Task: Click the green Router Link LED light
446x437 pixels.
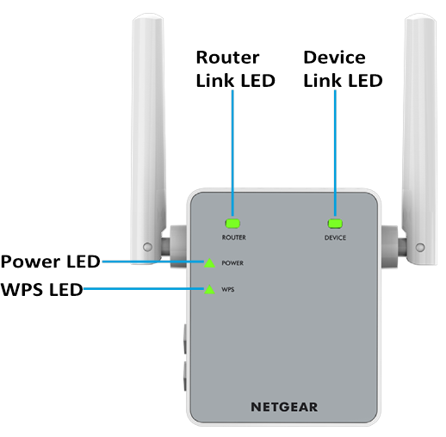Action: tap(232, 224)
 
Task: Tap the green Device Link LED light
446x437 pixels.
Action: tap(335, 224)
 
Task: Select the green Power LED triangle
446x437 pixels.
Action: tap(209, 263)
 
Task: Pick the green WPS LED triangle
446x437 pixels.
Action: tap(209, 290)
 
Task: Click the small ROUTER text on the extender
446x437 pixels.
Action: tap(234, 237)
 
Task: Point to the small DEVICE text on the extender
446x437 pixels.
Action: tap(335, 237)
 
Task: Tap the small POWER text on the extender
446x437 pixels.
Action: tap(232, 263)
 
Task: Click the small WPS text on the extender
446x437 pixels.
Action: tap(228, 290)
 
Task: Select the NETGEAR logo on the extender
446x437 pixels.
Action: tap(284, 407)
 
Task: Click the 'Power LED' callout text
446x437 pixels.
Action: tap(51, 262)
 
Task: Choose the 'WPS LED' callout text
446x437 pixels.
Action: tap(42, 289)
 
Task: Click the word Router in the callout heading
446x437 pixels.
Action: tap(227, 58)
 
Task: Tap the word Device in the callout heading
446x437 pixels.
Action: tap(334, 58)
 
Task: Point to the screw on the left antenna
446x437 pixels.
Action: tap(147, 247)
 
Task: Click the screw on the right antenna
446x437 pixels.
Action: tap(420, 247)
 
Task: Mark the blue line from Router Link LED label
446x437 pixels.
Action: tap(232, 153)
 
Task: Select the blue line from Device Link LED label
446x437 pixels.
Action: tap(335, 153)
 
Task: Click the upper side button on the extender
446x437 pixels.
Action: tap(185, 339)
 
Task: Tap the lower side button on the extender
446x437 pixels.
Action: tap(185, 376)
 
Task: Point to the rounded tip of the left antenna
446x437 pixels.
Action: tap(148, 15)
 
